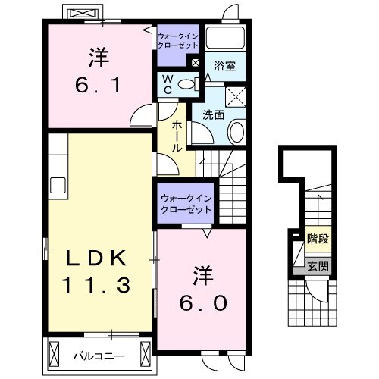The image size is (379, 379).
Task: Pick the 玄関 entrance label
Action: click(317, 265)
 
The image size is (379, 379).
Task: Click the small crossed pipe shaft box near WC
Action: click(196, 64)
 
